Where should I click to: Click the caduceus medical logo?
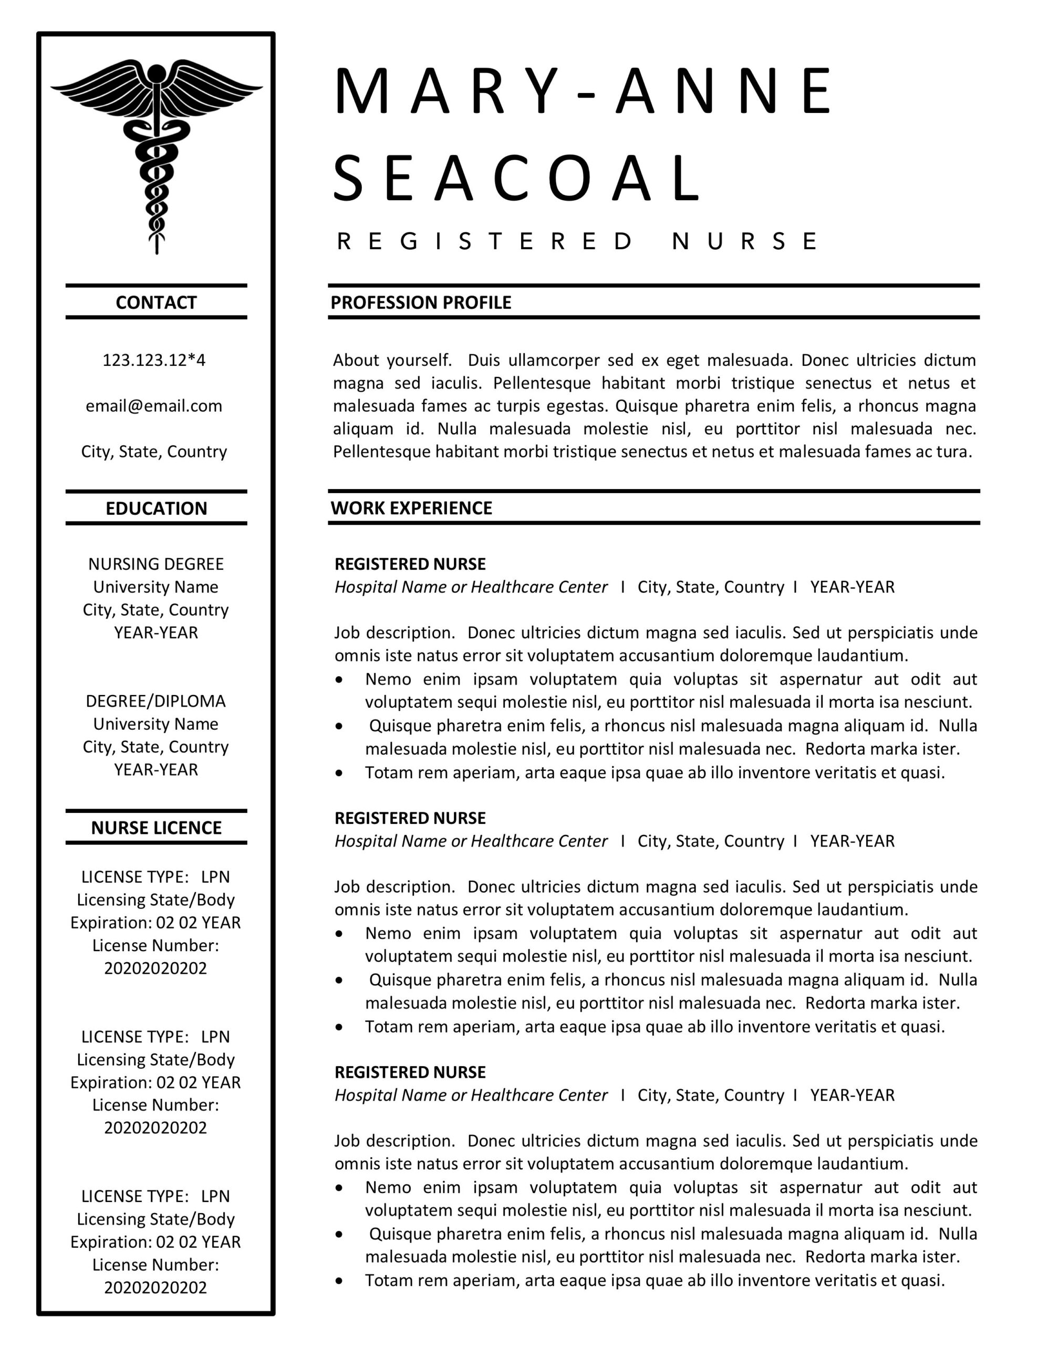tap(157, 154)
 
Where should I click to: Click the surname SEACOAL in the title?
tap(516, 179)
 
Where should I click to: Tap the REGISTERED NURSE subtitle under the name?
tap(576, 241)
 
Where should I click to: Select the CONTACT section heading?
tap(156, 303)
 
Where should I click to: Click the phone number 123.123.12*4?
tap(154, 360)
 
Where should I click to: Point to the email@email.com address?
tap(154, 406)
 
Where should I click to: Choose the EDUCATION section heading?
tap(156, 508)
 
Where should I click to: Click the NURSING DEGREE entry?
tap(156, 564)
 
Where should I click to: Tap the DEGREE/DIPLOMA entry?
tap(156, 701)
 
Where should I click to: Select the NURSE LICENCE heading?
tap(156, 828)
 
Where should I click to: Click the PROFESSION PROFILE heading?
tap(421, 303)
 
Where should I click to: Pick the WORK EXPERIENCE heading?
tap(411, 508)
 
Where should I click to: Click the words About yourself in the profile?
tap(392, 360)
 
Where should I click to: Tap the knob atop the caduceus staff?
tap(157, 73)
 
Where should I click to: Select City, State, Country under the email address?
tap(154, 452)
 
